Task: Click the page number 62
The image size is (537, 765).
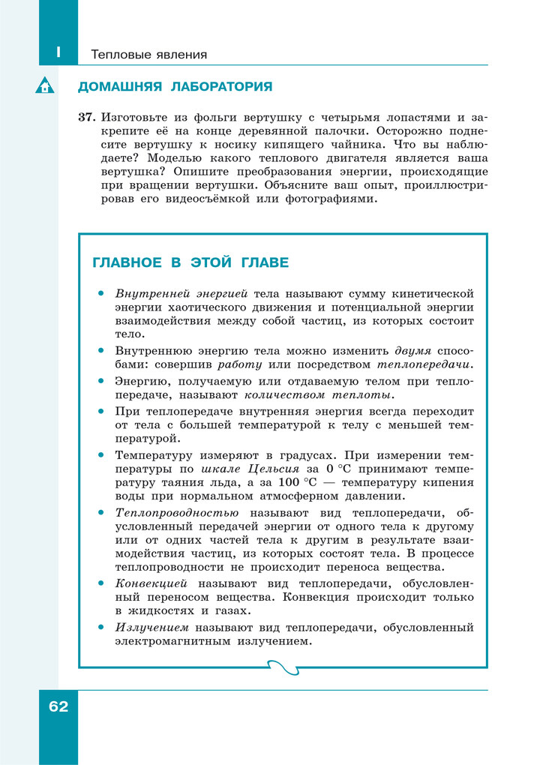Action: click(x=58, y=706)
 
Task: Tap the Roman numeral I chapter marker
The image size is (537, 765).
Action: click(x=58, y=53)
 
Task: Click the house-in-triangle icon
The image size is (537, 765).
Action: click(x=45, y=86)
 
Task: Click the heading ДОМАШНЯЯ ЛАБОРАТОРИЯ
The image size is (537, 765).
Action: click(x=175, y=87)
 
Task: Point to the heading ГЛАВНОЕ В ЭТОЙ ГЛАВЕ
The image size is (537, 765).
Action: click(x=190, y=262)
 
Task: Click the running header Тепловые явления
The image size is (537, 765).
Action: click(x=148, y=55)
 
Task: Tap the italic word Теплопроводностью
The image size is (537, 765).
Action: click(x=177, y=512)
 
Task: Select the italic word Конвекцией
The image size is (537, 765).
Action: click(x=151, y=583)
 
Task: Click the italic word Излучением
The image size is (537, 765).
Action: click(x=151, y=627)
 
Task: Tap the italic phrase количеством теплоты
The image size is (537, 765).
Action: click(x=319, y=394)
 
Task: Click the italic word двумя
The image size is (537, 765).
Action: click(x=413, y=350)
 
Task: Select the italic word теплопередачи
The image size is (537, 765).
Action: click(x=424, y=364)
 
